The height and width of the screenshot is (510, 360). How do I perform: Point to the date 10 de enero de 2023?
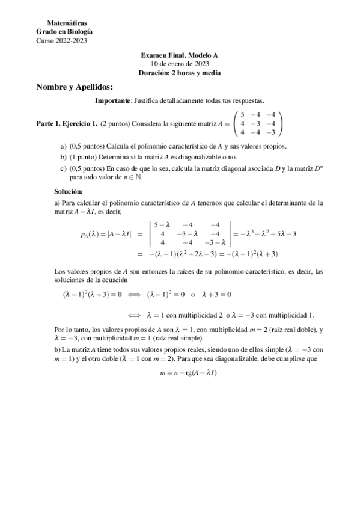[179, 64]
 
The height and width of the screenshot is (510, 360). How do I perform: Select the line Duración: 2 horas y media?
[179, 72]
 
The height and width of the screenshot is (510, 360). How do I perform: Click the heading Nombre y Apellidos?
[75, 87]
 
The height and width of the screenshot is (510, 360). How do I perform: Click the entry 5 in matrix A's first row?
[242, 115]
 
